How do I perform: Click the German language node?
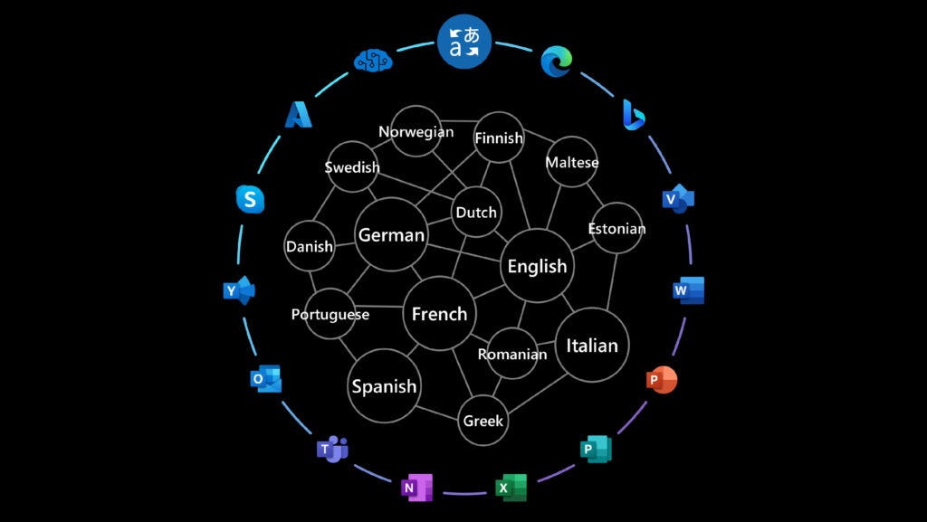tap(391, 235)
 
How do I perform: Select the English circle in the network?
tap(537, 266)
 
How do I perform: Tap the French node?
tap(439, 314)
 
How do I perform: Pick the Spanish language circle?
tap(384, 386)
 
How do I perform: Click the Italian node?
tap(592, 345)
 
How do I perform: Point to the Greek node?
tap(483, 421)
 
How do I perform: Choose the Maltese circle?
tap(572, 163)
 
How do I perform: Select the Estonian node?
tap(616, 228)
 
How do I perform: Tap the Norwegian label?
tap(416, 132)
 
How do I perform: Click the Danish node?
tap(310, 246)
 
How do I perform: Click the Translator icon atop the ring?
tap(464, 42)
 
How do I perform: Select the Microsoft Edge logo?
tap(556, 62)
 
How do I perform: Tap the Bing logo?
tap(633, 115)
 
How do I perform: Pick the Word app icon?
tap(688, 290)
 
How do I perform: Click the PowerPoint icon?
tap(662, 381)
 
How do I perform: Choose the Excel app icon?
tap(511, 488)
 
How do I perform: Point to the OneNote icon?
tap(416, 488)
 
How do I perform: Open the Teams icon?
tap(332, 448)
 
